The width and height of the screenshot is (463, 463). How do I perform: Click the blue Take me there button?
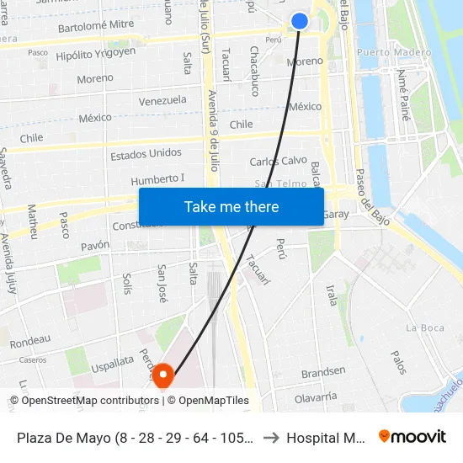(x=231, y=206)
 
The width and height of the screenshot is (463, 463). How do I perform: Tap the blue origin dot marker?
(x=300, y=21)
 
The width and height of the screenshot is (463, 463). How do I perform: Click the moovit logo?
(x=412, y=437)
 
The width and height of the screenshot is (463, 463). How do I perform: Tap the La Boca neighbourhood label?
(x=423, y=327)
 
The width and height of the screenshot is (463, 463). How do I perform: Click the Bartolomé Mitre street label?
(x=95, y=27)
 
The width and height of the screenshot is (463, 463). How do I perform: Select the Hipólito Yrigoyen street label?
(x=95, y=52)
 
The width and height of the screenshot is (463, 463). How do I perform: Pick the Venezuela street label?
(x=162, y=100)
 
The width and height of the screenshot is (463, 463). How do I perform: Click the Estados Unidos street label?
(x=146, y=154)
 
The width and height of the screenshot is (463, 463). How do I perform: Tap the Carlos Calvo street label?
(x=278, y=161)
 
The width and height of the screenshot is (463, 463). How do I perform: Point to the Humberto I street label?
(x=157, y=179)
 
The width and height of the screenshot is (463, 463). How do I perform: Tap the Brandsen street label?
(x=323, y=371)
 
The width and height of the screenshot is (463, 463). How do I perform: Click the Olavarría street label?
(x=316, y=396)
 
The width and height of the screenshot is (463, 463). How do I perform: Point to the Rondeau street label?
(x=30, y=339)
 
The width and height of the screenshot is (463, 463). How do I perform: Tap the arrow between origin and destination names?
(x=271, y=438)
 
